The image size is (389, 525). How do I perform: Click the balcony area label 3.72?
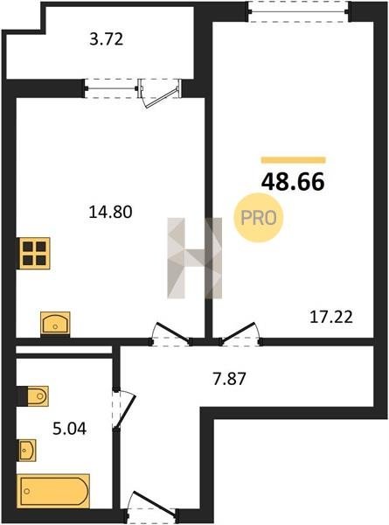click(x=107, y=39)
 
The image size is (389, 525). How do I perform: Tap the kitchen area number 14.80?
click(x=110, y=212)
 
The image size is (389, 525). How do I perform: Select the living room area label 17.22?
click(x=331, y=317)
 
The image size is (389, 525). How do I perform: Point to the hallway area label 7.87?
click(x=229, y=379)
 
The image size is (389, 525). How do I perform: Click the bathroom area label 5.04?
click(x=70, y=429)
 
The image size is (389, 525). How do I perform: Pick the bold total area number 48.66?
click(x=293, y=181)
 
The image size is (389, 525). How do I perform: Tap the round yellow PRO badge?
click(x=259, y=218)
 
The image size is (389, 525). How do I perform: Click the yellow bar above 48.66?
click(x=294, y=160)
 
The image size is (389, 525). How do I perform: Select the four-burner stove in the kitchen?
click(x=34, y=253)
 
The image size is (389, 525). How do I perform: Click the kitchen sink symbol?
click(x=56, y=324)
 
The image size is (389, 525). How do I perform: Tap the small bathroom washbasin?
click(x=26, y=450)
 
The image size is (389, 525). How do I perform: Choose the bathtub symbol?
click(x=53, y=491)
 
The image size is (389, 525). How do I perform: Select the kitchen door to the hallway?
click(x=171, y=334)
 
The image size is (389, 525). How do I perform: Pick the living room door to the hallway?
click(x=240, y=334)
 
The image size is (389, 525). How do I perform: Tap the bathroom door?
click(x=123, y=409)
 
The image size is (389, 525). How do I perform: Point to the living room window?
click(x=299, y=11)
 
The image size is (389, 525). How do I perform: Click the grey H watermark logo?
click(x=195, y=258)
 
